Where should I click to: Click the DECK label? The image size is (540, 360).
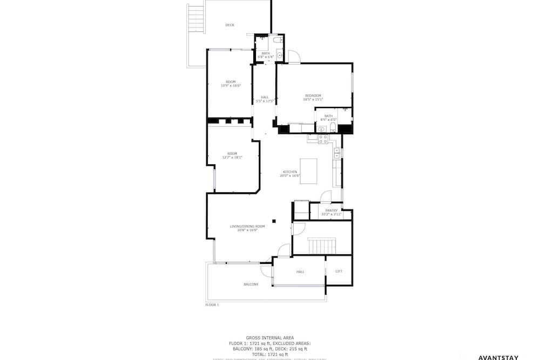pyautogui.click(x=230, y=25)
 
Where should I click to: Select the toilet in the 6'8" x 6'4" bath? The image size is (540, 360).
pyautogui.click(x=276, y=40)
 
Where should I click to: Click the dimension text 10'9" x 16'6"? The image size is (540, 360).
pyautogui.click(x=231, y=85)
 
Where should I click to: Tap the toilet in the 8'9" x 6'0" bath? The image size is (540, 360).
pyautogui.click(x=333, y=128)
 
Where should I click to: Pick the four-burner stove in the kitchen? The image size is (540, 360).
pyautogui.click(x=323, y=139)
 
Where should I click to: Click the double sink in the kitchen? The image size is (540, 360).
pyautogui.click(x=337, y=153)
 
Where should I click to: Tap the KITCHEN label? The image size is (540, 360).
pyautogui.click(x=289, y=172)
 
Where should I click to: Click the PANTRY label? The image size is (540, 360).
pyautogui.click(x=331, y=210)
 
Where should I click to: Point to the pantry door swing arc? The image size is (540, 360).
pyautogui.click(x=325, y=196)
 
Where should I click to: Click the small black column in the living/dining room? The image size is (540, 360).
pyautogui.click(x=274, y=220)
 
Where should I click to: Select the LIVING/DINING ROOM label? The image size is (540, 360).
pyautogui.click(x=248, y=226)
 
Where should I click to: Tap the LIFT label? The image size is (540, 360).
pyautogui.click(x=339, y=271)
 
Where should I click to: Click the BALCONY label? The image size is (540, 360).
pyautogui.click(x=251, y=284)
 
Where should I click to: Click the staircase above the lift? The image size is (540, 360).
pyautogui.click(x=321, y=246)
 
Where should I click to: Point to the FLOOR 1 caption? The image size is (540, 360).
pyautogui.click(x=212, y=305)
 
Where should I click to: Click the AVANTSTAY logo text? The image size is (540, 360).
pyautogui.click(x=498, y=357)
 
